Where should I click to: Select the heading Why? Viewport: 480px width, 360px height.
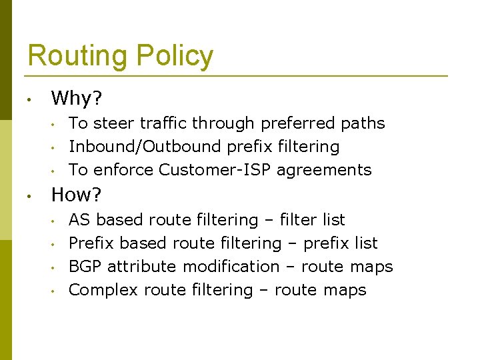(x=77, y=99)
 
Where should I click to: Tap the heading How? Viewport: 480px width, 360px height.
(x=77, y=195)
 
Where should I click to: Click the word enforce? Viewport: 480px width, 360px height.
(x=123, y=170)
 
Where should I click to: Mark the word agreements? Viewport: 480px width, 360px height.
(x=324, y=171)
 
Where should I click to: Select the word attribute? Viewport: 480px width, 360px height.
(x=142, y=267)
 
